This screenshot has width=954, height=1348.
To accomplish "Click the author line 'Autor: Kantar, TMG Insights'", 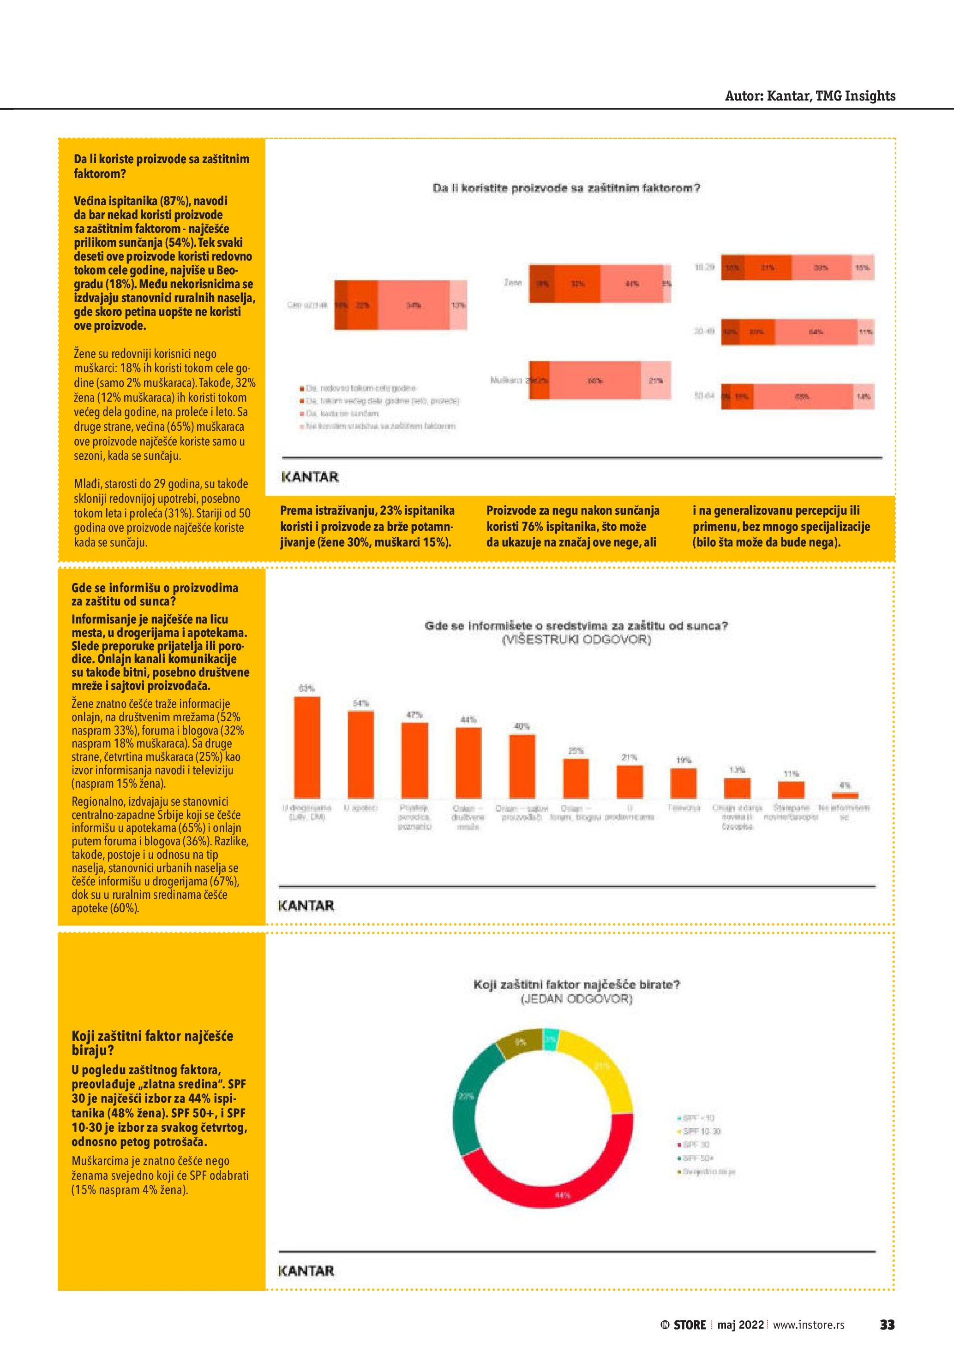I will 810,96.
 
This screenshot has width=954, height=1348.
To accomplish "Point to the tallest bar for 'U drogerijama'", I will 307,746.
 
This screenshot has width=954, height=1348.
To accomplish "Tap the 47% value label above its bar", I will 414,714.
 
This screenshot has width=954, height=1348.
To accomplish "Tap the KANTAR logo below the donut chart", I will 306,1271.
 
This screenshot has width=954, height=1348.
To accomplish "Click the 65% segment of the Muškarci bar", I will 594,380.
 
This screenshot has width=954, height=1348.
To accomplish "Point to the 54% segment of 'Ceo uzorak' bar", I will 414,305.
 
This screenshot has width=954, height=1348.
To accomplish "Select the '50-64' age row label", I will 704,396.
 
